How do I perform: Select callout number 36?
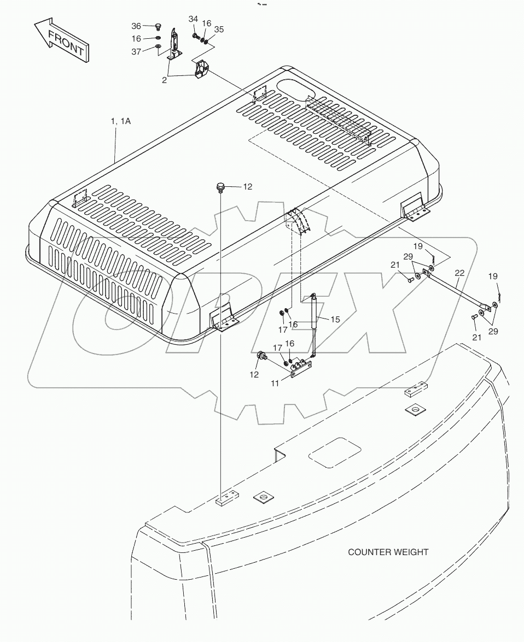tap(136, 26)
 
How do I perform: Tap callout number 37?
tap(136, 51)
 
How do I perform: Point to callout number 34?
tap(193, 19)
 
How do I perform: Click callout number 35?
tap(219, 29)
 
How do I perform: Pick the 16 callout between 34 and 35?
tap(206, 23)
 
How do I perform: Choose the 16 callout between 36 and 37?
tap(136, 38)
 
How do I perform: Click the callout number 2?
tap(164, 80)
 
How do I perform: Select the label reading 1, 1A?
tap(121, 121)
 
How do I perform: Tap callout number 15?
tap(335, 319)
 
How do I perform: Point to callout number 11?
tap(275, 384)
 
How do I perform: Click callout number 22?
tap(459, 273)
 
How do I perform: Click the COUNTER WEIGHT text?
tap(388, 552)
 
